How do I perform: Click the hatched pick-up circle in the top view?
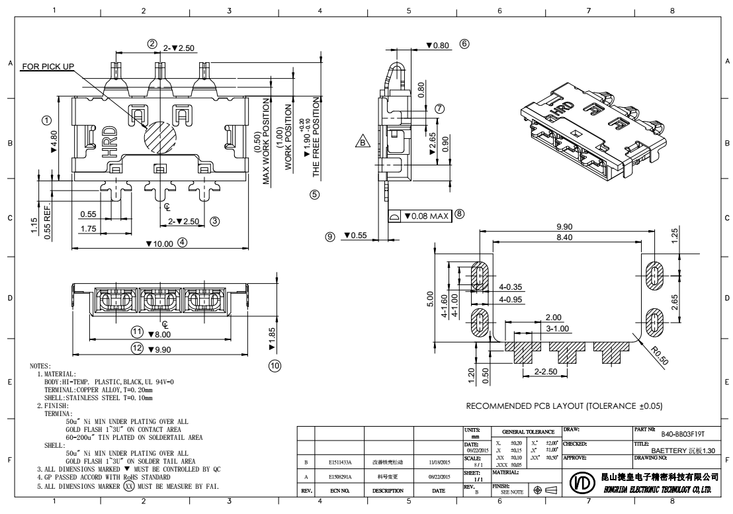point(160,136)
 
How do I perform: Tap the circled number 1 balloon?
point(47,120)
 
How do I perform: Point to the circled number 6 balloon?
point(464,44)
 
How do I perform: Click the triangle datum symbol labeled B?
point(363,141)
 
